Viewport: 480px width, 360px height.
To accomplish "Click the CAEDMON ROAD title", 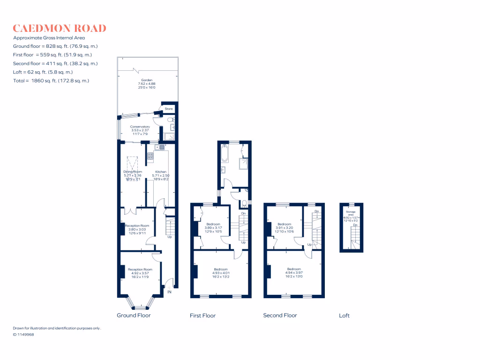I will [60, 28].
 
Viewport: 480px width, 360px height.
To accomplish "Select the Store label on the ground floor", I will [169, 109].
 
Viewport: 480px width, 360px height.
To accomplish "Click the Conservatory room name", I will [140, 127].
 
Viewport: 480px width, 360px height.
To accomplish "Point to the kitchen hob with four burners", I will [150, 157].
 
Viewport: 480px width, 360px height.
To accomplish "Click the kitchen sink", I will [156, 147].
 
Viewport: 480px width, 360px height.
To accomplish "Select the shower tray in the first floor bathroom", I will [243, 164].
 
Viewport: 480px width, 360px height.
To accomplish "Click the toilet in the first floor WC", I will [243, 203].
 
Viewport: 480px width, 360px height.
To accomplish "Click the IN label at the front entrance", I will [169, 292].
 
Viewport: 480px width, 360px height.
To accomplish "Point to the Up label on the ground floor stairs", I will [169, 237].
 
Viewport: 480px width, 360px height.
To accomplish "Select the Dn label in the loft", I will [355, 225].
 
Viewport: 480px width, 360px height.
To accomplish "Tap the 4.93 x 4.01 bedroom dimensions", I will [220, 273].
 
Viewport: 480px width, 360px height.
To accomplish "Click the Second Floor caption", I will [280, 315].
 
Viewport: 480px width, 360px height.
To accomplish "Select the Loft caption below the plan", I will [344, 315].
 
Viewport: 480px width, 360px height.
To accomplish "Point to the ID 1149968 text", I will [23, 334].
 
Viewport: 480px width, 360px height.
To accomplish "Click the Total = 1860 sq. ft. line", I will [51, 81].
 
